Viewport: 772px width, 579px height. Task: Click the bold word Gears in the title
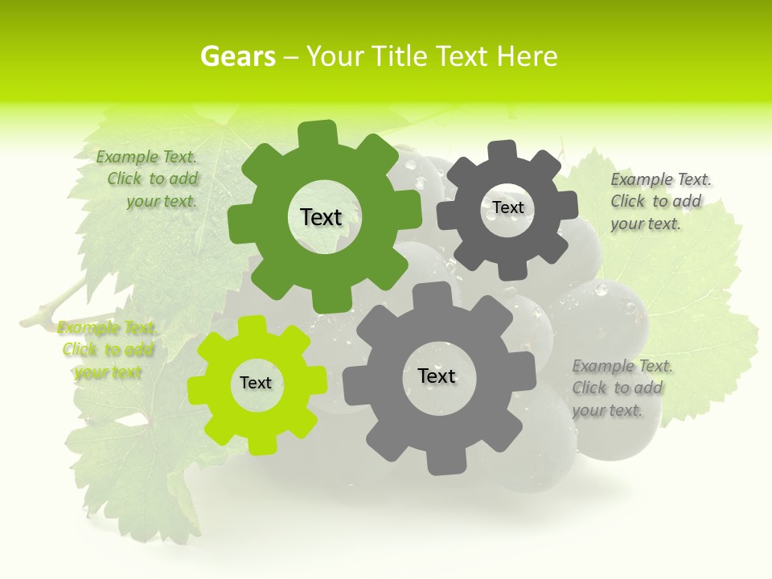point(238,56)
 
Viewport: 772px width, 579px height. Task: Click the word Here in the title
point(527,56)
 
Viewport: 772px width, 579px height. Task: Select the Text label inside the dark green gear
point(321,217)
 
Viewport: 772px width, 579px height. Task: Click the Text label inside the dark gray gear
point(507,207)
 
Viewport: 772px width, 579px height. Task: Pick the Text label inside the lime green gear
point(256,384)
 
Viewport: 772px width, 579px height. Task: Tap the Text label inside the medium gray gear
point(437,376)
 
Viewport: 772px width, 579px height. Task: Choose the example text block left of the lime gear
point(108,350)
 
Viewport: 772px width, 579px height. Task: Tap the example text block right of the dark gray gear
point(657,202)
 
